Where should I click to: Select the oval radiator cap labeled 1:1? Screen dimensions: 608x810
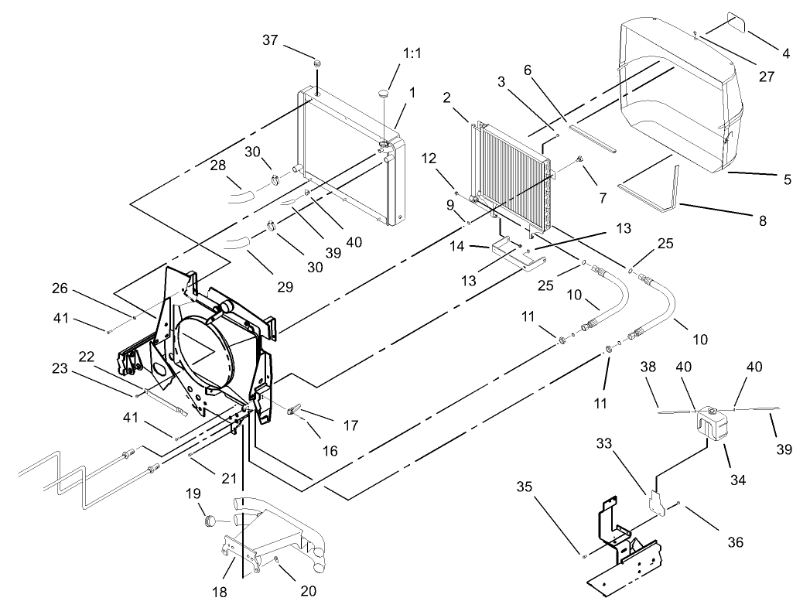[384, 94]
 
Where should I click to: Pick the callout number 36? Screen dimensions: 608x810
[734, 542]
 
